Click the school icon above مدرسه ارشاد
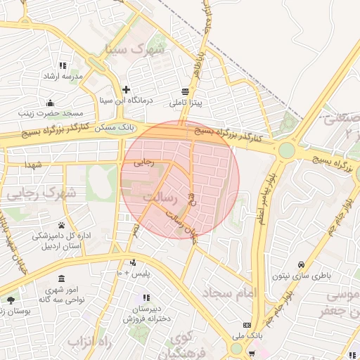point(63,65)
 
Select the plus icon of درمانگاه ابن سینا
point(126,89)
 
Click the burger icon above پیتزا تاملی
point(185,92)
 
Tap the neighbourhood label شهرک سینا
point(134,49)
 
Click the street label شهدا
point(34,164)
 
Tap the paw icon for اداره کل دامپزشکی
point(62,226)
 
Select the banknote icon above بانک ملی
point(246,325)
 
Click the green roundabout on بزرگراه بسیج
point(286,150)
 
